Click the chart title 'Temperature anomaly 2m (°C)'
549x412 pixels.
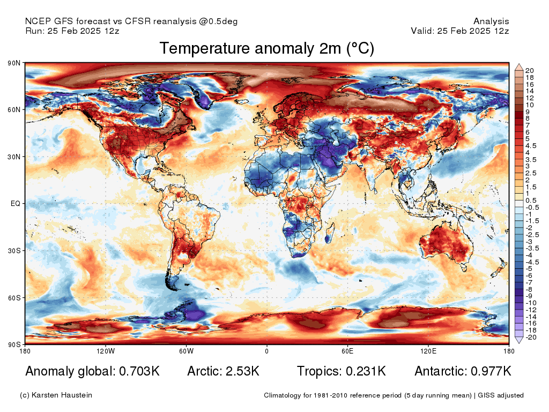point(266,49)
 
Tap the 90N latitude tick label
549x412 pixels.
point(14,63)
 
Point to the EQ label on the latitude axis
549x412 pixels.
point(15,204)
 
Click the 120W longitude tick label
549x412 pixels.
point(106,351)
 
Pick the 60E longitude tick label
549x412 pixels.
point(347,351)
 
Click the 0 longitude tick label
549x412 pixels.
point(266,351)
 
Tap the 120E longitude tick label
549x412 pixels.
point(427,351)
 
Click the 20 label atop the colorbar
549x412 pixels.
point(529,71)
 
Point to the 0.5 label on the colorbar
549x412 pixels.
point(529,200)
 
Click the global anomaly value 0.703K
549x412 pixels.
point(137,371)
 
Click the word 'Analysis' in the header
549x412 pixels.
point(491,21)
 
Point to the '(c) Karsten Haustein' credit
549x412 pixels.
point(56,395)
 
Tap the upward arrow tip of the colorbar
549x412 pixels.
point(519,65)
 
